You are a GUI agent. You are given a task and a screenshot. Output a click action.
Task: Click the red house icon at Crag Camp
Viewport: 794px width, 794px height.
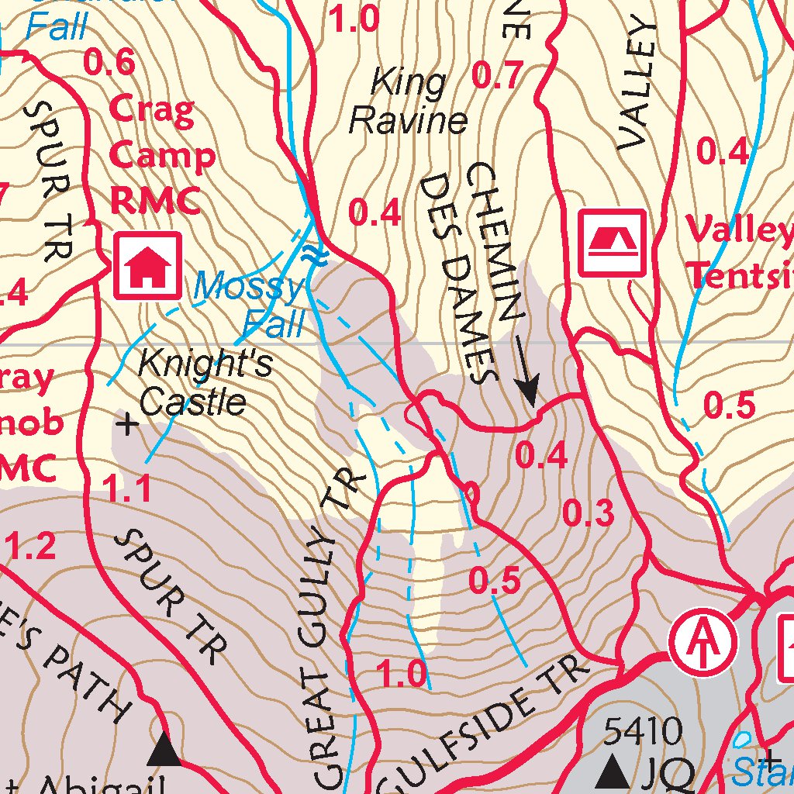[148, 266]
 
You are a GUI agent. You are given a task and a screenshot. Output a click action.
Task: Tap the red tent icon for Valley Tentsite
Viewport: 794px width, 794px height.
[613, 243]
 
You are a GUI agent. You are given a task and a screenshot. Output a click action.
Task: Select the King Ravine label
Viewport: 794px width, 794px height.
[409, 102]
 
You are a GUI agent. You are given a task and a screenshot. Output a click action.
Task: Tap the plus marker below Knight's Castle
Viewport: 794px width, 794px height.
[127, 424]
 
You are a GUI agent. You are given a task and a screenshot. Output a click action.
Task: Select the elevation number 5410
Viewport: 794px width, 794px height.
[643, 730]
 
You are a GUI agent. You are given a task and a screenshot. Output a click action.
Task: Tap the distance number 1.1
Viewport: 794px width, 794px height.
[127, 489]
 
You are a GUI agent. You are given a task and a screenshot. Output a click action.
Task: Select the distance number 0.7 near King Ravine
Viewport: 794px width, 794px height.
[497, 76]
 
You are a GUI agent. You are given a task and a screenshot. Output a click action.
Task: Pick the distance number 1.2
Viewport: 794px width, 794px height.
[32, 547]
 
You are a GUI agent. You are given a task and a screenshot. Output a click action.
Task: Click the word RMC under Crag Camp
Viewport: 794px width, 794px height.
[156, 201]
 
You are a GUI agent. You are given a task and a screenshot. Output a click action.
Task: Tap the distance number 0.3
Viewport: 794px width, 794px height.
[589, 513]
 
